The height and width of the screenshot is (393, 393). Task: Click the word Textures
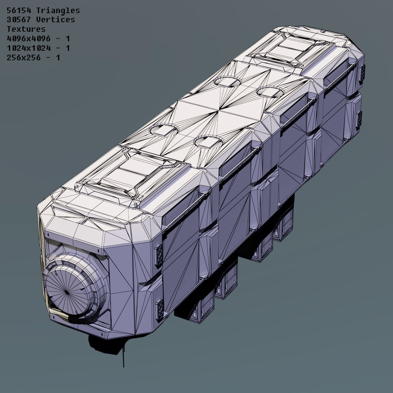(x=26, y=29)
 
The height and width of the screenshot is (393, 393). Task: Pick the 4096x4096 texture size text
(x=28, y=39)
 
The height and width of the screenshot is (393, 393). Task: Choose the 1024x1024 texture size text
(x=28, y=48)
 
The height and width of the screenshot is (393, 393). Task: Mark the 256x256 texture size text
(x=24, y=58)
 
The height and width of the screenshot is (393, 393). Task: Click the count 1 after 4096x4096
(x=67, y=39)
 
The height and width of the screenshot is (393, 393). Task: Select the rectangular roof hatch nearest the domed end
(x=131, y=174)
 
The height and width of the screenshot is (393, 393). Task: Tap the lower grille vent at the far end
(x=359, y=119)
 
